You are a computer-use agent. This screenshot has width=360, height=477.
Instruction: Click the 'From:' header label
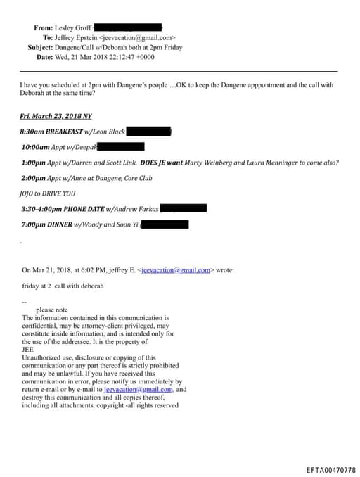[43, 27]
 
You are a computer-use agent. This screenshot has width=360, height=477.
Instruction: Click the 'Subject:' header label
[40, 47]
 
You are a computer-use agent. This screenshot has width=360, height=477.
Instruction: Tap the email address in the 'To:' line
[138, 37]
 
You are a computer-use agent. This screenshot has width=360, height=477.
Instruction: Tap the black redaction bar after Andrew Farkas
[184, 208]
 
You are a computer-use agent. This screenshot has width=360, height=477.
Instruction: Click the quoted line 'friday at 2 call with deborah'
[63, 286]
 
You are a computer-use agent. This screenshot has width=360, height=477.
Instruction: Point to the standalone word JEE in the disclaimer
[29, 350]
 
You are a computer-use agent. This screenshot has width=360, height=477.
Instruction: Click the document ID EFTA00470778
[330, 469]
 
